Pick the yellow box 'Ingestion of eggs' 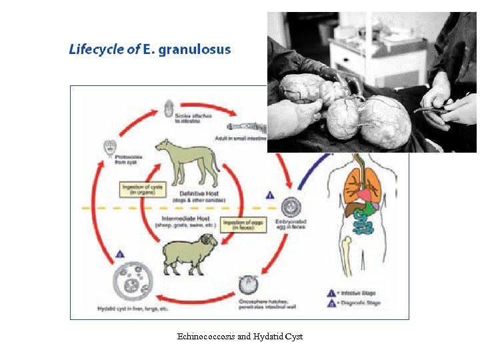point(243,224)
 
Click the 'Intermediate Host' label point(184,218)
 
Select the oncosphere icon point(249,285)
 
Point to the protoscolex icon point(111,148)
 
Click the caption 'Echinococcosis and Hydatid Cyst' point(240,337)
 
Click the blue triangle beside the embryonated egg point(271,195)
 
